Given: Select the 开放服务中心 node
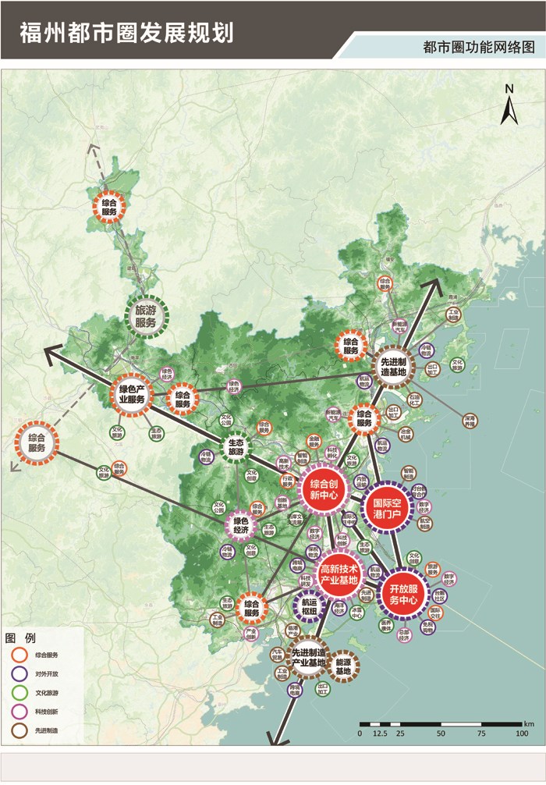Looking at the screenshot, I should coord(404,595).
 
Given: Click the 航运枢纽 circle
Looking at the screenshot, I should coord(310,606).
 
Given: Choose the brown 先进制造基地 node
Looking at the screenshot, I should coord(392,366).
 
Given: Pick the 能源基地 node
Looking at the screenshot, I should coord(343,666).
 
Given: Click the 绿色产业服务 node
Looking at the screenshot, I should coord(131,393).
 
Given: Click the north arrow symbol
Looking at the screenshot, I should coord(509,106).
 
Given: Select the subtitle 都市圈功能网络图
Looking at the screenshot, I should coord(478,47).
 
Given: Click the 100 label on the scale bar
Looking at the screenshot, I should coord(521,734).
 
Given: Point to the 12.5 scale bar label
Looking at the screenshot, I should coord(381,734).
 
